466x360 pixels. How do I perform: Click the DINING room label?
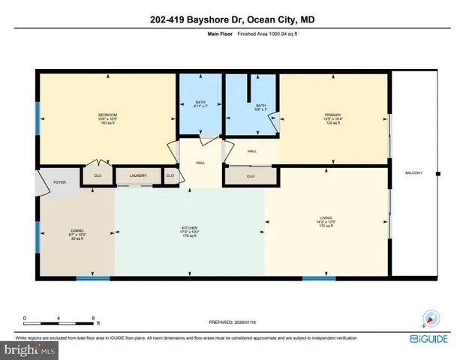click(x=77, y=231)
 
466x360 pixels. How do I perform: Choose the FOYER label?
click(x=59, y=181)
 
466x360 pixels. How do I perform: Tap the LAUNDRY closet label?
click(x=137, y=176)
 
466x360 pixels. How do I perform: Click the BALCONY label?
click(x=413, y=173)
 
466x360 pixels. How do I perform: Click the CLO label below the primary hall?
click(x=251, y=176)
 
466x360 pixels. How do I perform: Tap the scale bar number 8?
click(x=94, y=318)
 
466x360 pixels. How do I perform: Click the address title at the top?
click(x=233, y=19)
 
